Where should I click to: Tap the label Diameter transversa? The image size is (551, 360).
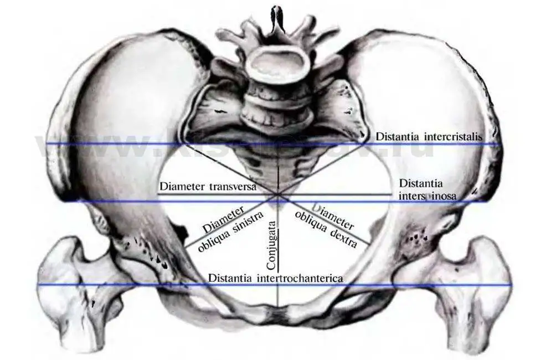[208, 187]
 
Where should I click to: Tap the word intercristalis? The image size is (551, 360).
[454, 136]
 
